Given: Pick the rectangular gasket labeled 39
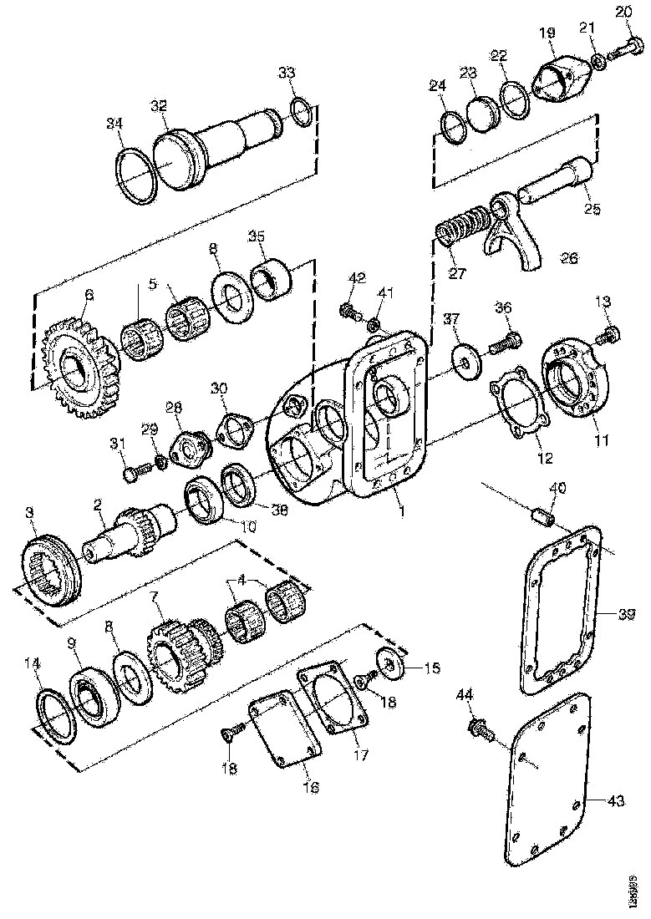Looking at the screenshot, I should [x=561, y=610].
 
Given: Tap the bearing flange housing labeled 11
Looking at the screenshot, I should [x=577, y=380].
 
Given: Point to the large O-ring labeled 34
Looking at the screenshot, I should [x=137, y=175].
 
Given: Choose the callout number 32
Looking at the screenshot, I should [x=159, y=105].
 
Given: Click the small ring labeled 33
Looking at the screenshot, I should [x=303, y=111].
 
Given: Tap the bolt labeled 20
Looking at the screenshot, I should [x=623, y=48].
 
